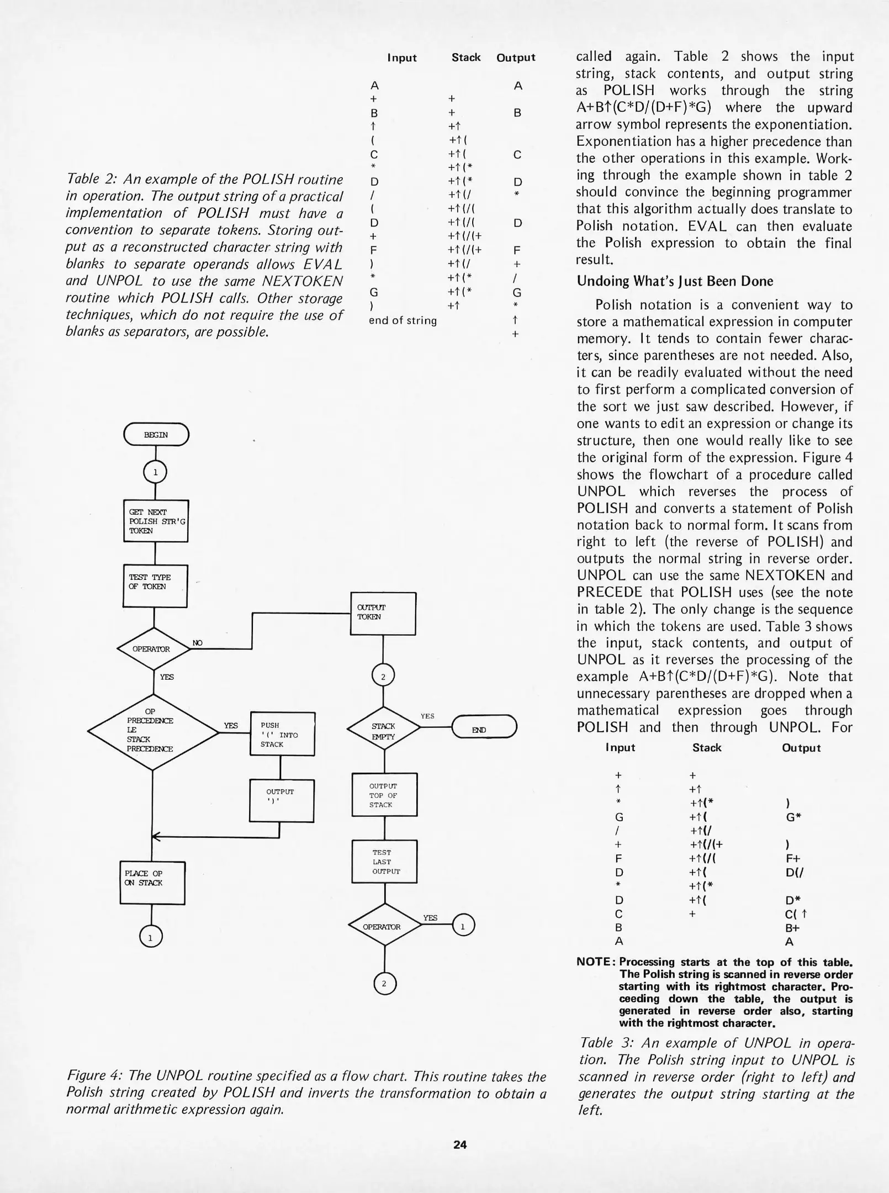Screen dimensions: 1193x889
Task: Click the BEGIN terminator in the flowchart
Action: (156, 435)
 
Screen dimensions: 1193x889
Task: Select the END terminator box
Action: (484, 730)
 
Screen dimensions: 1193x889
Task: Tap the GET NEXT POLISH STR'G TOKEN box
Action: (155, 521)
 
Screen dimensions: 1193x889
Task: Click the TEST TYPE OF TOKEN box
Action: (155, 585)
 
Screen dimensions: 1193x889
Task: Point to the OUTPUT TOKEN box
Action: (383, 613)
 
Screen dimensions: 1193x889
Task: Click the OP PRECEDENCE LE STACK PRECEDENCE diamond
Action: (153, 731)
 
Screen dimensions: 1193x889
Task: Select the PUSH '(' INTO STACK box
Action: (282, 734)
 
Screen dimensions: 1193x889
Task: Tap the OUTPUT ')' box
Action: (282, 800)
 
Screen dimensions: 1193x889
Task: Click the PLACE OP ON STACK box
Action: (152, 882)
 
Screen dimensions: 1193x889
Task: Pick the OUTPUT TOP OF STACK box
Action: (384, 795)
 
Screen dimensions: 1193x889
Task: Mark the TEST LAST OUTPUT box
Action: (384, 862)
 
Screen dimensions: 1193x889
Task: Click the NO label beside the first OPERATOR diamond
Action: (197, 643)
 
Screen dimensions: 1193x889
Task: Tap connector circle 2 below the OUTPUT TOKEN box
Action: (383, 677)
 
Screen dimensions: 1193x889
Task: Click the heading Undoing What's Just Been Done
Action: (675, 281)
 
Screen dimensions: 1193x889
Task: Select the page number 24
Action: (460, 1145)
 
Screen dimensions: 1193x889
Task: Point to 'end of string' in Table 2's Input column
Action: (403, 320)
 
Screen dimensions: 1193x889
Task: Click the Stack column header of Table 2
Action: (466, 57)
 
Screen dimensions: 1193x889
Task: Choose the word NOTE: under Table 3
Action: (595, 962)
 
